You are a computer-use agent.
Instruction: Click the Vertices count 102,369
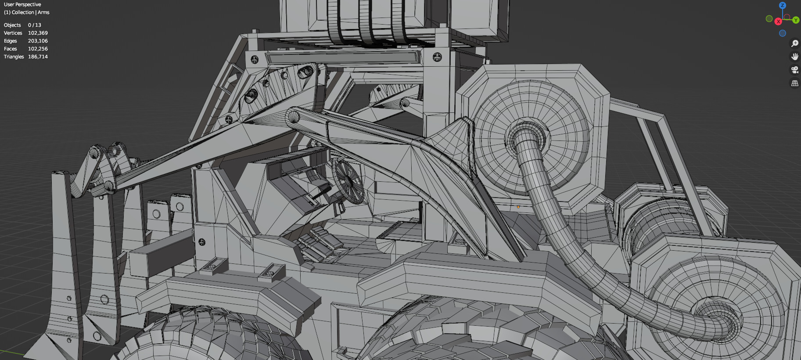coord(38,33)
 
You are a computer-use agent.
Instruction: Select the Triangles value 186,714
coord(38,57)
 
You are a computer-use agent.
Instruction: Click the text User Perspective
coord(22,4)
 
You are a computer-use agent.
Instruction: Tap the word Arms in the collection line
coord(43,12)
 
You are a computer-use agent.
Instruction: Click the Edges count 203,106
coord(38,41)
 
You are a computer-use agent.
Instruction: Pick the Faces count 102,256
coord(38,49)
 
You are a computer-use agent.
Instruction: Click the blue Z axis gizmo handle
coord(782,5)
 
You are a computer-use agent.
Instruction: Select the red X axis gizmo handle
coord(778,22)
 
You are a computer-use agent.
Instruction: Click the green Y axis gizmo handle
coord(795,20)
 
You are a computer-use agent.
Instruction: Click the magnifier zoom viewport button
coord(794,43)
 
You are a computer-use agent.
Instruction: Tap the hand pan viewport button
coord(794,56)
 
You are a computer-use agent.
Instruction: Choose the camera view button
coord(794,69)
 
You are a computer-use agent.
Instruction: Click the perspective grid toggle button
coord(794,83)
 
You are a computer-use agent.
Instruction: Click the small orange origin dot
coord(518,207)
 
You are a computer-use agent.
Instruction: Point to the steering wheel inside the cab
coord(348,181)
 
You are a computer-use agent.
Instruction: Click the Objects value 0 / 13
coord(34,25)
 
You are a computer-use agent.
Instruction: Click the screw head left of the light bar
coord(255,59)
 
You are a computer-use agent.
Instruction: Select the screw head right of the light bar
coord(437,57)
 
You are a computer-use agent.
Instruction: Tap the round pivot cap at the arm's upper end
coord(293,117)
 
